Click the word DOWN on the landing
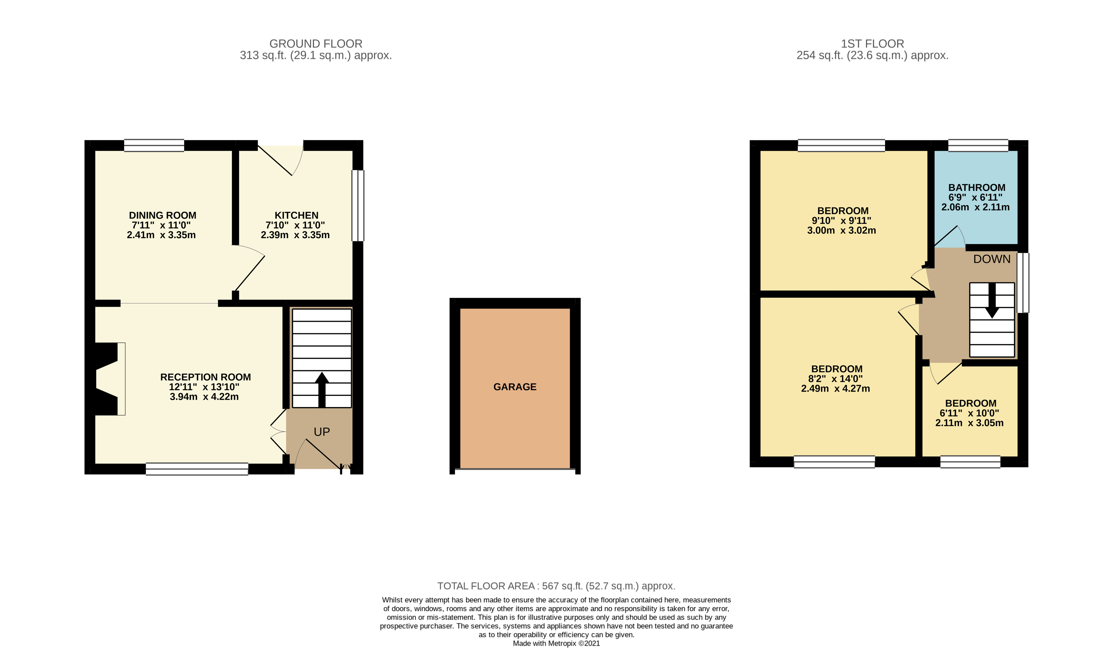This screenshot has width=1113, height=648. [x=991, y=259]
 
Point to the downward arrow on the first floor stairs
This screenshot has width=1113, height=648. [x=992, y=301]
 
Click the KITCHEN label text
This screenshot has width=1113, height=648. [x=296, y=216]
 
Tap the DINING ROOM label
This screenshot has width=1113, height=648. [x=162, y=216]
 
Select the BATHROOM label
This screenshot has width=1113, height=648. [x=977, y=188]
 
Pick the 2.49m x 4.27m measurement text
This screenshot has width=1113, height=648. [x=835, y=389]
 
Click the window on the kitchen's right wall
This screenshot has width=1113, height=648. [x=358, y=205]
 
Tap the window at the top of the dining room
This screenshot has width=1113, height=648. [x=154, y=145]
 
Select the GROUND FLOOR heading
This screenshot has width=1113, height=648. [x=316, y=44]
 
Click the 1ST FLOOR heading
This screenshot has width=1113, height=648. [x=872, y=44]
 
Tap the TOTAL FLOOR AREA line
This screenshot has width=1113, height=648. [x=556, y=586]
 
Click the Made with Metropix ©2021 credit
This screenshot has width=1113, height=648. [x=556, y=643]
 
